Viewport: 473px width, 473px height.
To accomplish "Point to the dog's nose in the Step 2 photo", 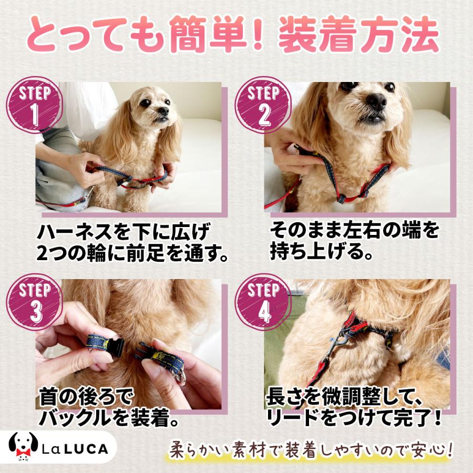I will tap(376, 101).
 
